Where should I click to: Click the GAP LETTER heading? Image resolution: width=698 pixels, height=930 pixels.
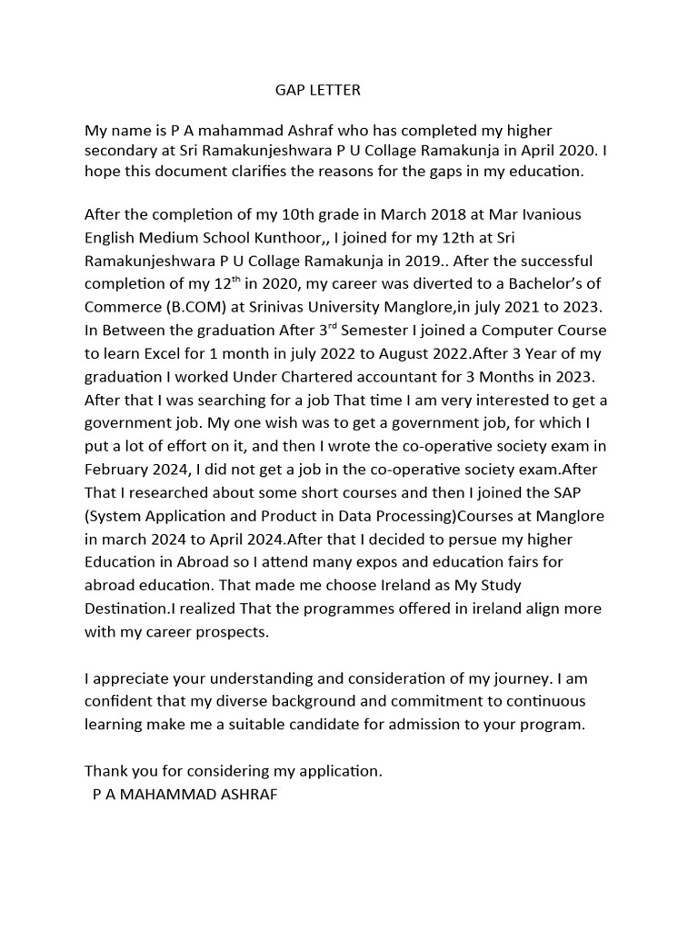(x=318, y=90)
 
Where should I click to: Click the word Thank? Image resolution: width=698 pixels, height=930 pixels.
(x=106, y=771)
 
